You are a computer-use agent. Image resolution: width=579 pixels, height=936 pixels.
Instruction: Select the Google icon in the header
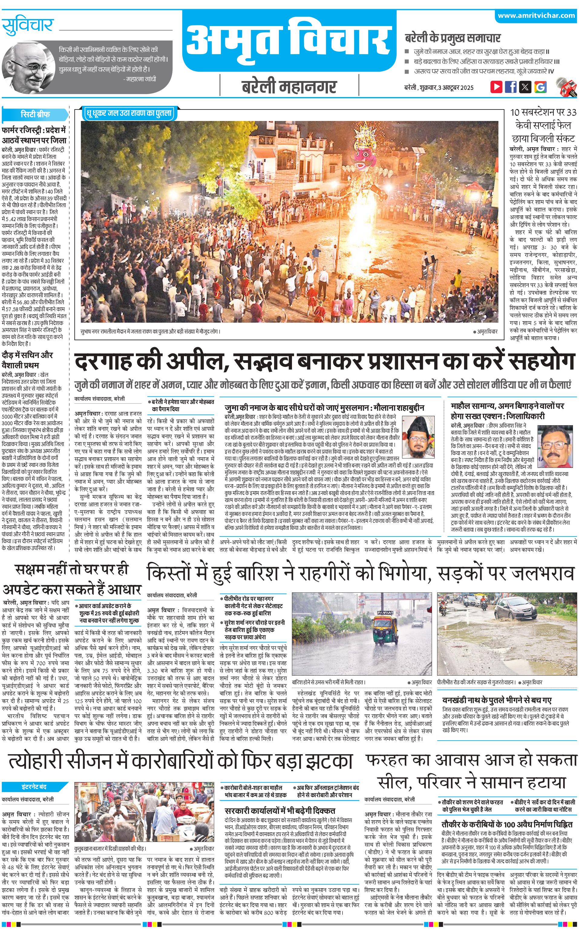pyautogui.click(x=540, y=86)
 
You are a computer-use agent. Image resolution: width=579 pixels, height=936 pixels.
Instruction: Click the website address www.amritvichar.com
pyautogui.click(x=536, y=16)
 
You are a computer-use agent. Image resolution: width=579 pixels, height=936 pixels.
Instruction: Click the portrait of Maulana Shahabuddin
pyautogui.click(x=419, y=437)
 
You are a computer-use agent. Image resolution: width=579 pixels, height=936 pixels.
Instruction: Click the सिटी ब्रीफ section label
pyautogui.click(x=35, y=114)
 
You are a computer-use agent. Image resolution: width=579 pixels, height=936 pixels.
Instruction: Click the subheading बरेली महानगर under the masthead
pyautogui.click(x=289, y=86)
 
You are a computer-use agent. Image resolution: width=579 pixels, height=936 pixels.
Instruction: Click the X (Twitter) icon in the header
pyautogui.click(x=525, y=86)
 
